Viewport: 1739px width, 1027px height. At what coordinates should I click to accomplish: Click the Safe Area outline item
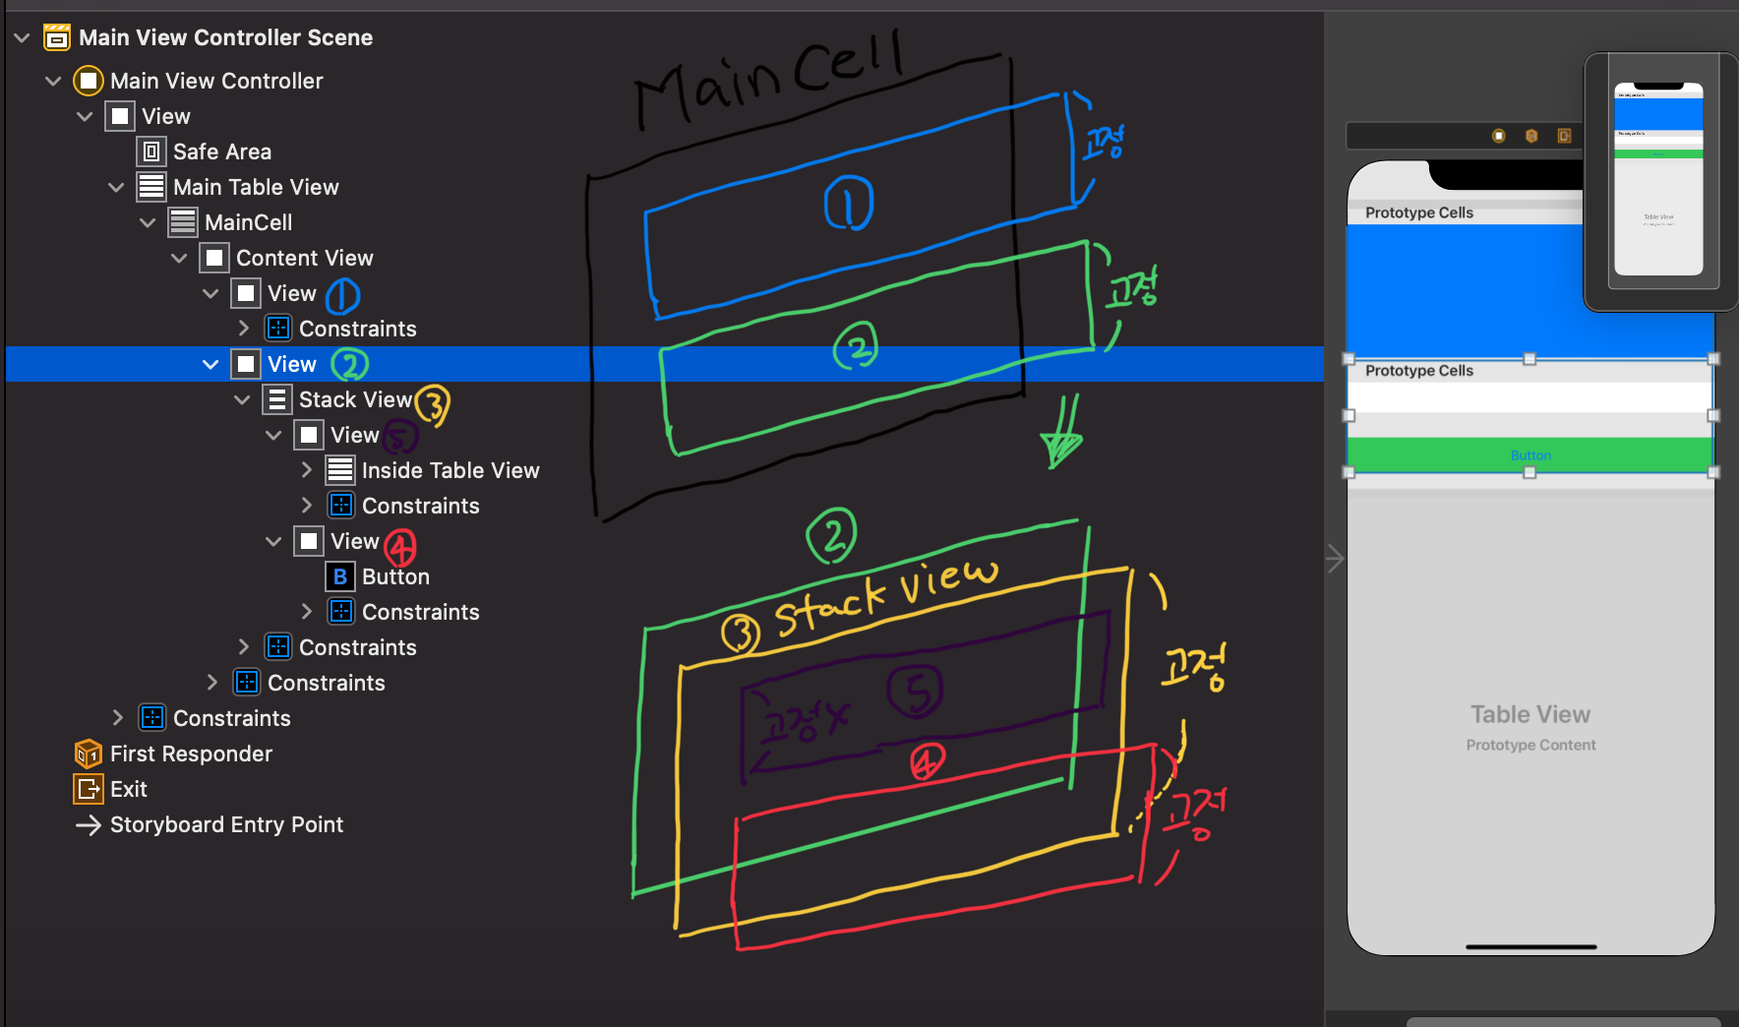(x=221, y=151)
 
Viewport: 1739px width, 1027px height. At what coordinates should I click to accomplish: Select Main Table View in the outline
(x=255, y=187)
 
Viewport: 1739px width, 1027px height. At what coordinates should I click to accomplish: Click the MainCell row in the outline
(x=248, y=222)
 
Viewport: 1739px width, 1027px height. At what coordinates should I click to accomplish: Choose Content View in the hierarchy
(x=304, y=258)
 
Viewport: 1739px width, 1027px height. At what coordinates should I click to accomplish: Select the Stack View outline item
(x=354, y=399)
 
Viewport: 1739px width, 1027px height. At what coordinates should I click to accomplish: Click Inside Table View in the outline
(x=450, y=470)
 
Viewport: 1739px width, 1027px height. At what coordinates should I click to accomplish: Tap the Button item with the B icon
(x=394, y=576)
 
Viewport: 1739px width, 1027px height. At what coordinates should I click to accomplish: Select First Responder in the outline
(x=191, y=754)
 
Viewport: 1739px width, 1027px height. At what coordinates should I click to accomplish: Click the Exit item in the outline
(x=128, y=789)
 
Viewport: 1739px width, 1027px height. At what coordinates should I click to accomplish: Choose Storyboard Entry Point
(x=226, y=824)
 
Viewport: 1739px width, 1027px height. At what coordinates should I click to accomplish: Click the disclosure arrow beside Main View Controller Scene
(x=22, y=37)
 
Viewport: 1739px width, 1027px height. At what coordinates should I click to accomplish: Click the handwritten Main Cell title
(x=767, y=79)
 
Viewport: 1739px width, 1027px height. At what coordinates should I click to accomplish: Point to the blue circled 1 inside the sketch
(x=848, y=204)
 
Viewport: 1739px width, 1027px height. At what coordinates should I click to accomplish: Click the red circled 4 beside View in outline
(x=400, y=547)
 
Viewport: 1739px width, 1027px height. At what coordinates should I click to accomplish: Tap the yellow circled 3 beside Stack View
(x=433, y=403)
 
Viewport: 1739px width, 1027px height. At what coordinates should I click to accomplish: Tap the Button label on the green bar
(x=1530, y=455)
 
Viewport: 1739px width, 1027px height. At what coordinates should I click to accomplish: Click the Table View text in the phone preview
(x=1530, y=714)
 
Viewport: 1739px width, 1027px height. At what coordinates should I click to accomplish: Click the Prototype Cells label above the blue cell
(x=1419, y=212)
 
